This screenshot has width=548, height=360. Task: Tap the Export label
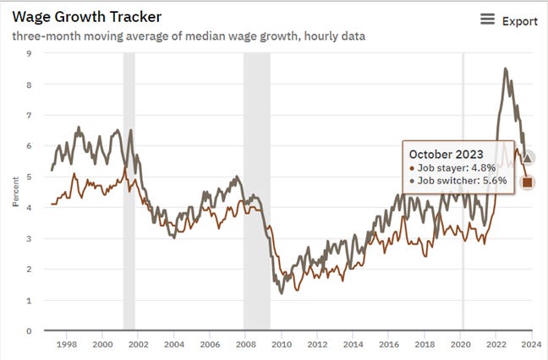tap(520, 20)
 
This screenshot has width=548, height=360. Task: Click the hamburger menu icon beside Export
tap(487, 19)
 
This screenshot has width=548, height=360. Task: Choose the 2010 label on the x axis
tap(282, 345)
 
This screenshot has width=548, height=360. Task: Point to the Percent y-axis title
tap(15, 192)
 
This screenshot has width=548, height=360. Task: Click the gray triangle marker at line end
tap(528, 158)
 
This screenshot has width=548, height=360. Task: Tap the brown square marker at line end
tap(528, 182)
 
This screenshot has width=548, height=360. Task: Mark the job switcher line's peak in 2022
tap(506, 69)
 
